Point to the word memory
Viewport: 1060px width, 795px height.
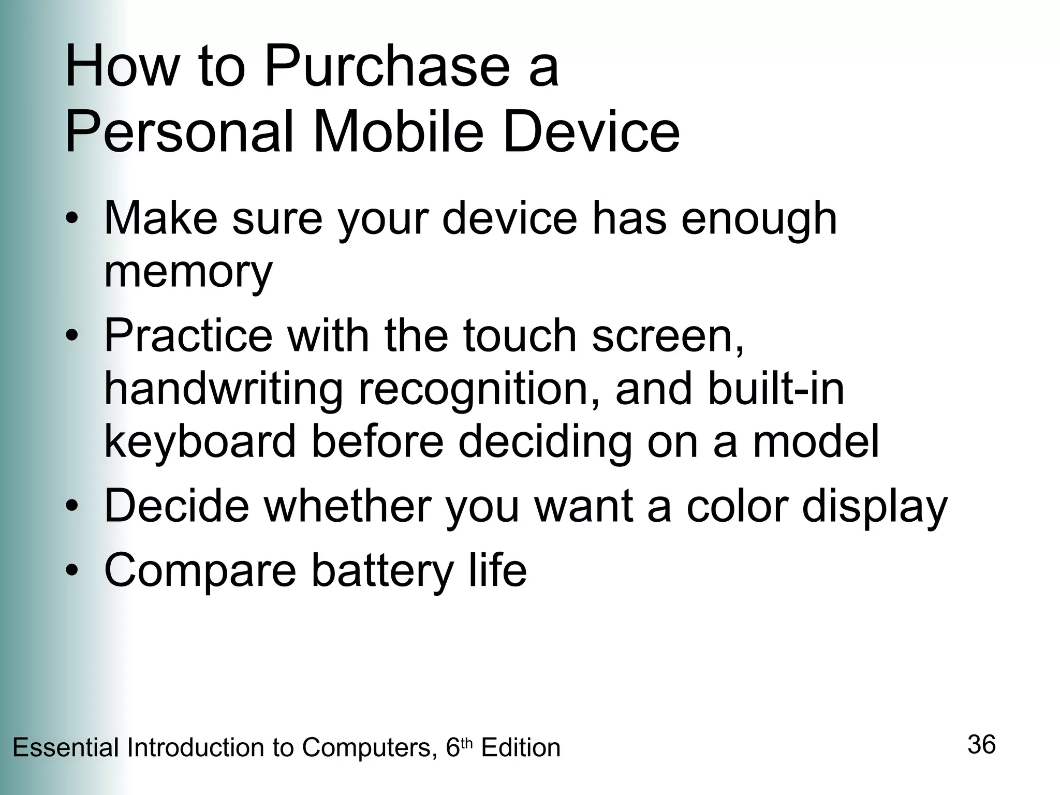188,273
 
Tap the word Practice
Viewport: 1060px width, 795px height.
188,335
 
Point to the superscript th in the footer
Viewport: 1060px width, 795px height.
467,743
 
